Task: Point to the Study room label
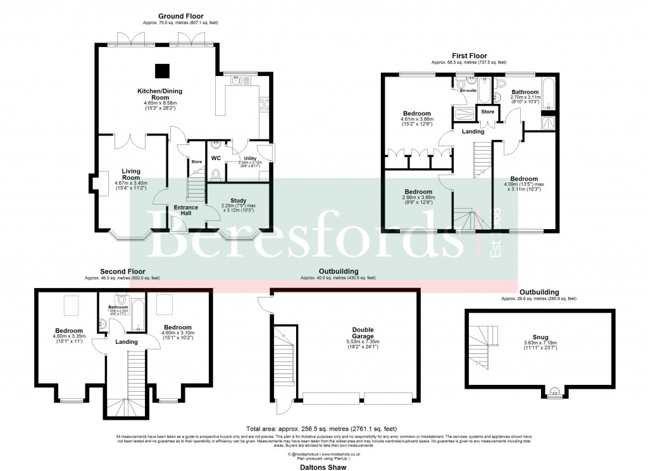tap(238, 201)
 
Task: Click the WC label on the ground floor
tap(215, 158)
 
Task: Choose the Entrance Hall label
tap(185, 210)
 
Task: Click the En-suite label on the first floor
tap(468, 91)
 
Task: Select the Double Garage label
tap(363, 334)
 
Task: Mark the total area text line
tap(323, 428)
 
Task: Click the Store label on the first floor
tap(487, 112)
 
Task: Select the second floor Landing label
tap(127, 342)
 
